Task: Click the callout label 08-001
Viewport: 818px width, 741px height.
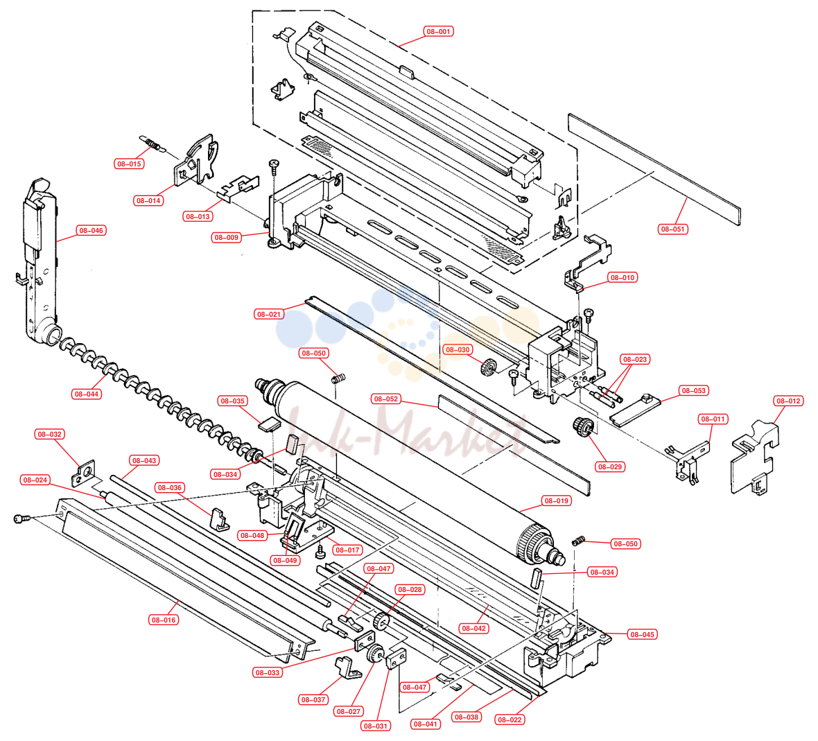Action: click(438, 31)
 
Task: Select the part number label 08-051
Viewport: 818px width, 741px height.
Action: click(672, 229)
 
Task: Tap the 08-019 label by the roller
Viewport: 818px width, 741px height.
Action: click(556, 500)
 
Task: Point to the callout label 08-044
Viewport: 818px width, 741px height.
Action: click(86, 394)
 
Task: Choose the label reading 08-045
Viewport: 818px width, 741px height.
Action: click(642, 635)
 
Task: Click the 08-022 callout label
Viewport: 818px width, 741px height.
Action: click(509, 720)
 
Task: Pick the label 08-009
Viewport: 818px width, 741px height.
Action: click(226, 237)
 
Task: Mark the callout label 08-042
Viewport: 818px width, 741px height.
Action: click(473, 629)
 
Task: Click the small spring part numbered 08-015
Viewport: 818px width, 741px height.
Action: click(153, 144)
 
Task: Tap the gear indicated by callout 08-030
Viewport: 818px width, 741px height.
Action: click(488, 367)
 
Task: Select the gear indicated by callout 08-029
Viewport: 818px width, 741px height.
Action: click(583, 426)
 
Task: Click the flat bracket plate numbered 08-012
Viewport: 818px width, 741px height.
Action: click(754, 458)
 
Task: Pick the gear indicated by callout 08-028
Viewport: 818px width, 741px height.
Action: click(382, 620)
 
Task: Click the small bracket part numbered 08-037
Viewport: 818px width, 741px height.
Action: click(346, 667)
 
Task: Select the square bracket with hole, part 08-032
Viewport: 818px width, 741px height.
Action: click(83, 473)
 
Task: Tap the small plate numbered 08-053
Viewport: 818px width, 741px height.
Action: click(635, 410)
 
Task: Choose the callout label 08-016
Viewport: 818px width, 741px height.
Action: click(164, 620)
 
